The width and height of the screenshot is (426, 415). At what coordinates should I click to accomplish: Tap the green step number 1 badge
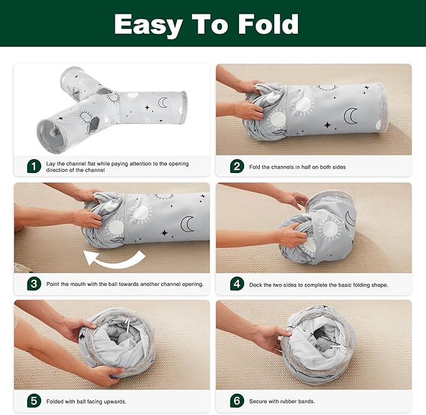coord(34,166)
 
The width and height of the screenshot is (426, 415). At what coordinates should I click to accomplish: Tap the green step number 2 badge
coord(237,166)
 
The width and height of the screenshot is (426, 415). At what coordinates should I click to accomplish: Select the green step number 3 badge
coord(34,283)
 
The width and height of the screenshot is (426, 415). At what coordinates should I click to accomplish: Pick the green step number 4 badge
coord(237,283)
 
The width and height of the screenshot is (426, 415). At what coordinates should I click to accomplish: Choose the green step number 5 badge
coord(34,401)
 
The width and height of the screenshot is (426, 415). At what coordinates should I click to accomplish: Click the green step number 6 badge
coord(237,401)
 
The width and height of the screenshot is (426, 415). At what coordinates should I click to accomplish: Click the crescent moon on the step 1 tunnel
coord(162,101)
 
